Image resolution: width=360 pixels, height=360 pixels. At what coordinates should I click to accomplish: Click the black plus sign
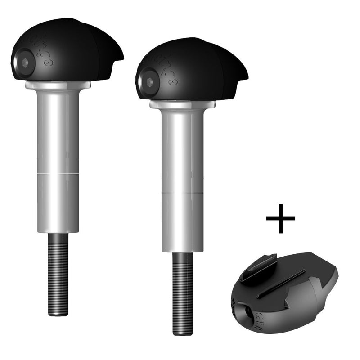[280, 218]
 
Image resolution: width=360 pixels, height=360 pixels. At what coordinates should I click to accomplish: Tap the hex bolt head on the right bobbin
[148, 82]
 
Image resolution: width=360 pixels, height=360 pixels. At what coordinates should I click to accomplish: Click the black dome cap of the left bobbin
[67, 49]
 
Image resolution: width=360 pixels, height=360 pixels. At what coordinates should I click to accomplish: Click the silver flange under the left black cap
[58, 85]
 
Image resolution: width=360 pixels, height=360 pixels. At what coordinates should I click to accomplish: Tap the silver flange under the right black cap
[183, 104]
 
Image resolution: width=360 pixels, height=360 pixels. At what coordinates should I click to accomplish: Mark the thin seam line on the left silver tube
[58, 173]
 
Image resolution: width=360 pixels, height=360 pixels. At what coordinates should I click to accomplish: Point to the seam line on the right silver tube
[183, 193]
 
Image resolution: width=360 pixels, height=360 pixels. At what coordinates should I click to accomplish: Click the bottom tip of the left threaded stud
[58, 313]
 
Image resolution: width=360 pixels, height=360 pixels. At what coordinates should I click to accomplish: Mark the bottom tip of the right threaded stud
[183, 333]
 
